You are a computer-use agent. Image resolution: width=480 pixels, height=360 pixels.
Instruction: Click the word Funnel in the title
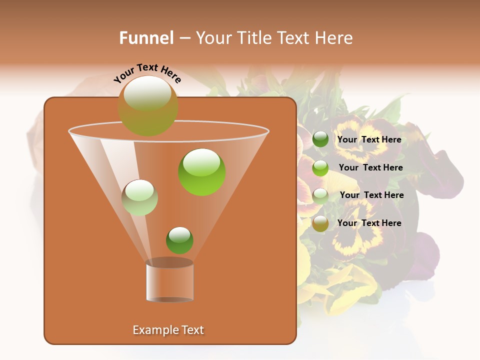point(146,38)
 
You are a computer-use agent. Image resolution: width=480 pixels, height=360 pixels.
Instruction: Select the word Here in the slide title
point(334,38)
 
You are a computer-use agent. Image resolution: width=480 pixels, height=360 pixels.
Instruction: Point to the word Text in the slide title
point(295,38)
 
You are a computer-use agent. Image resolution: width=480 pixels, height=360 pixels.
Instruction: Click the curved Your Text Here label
point(147,73)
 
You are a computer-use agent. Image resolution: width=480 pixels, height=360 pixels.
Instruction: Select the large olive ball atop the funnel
point(147,105)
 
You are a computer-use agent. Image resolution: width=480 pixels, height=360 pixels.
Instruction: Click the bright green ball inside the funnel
point(201,172)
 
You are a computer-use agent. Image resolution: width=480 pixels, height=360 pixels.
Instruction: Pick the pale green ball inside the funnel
point(139,197)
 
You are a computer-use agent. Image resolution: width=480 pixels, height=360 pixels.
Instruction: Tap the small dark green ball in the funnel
point(179,240)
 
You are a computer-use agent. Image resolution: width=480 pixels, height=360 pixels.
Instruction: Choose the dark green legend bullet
point(320,139)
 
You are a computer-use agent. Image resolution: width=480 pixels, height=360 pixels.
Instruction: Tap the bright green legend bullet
point(320,168)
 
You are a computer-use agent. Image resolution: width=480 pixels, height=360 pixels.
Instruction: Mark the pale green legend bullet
point(320,196)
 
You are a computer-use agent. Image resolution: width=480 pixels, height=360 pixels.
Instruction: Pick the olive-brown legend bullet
point(320,223)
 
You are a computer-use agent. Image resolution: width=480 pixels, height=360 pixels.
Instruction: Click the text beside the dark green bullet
point(369,140)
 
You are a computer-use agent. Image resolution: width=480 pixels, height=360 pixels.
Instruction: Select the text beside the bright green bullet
point(370,168)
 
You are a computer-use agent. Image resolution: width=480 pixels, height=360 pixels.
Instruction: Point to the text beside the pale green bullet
point(371,195)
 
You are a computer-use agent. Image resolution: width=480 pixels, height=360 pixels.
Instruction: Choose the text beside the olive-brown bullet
point(369,223)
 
